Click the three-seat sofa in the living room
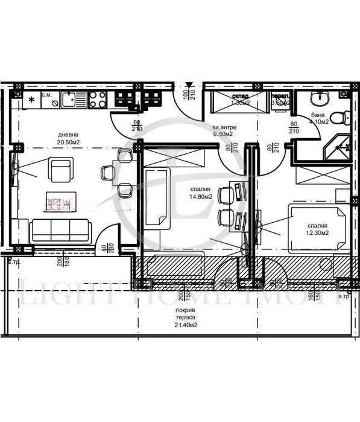click(x=60, y=230)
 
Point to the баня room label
click(x=319, y=113)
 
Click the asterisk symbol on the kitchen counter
click(x=31, y=98)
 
